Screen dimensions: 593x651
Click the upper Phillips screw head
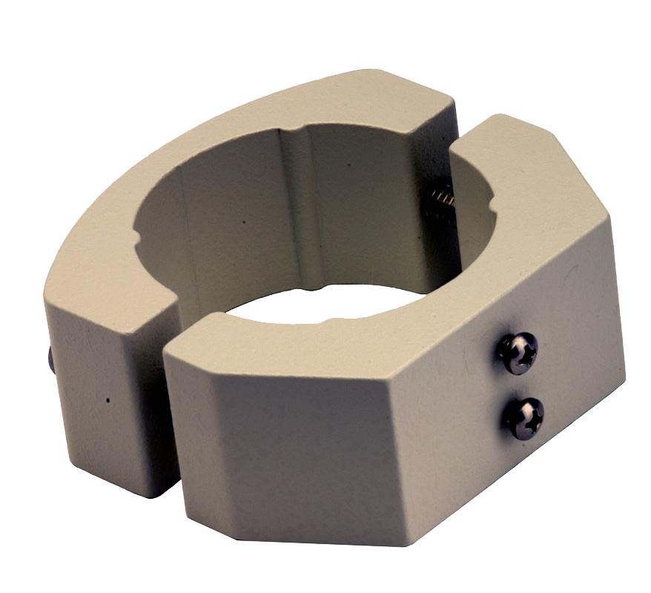tap(518, 352)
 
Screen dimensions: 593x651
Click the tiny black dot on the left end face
tap(108, 400)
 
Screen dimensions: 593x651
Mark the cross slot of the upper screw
tap(518, 352)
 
